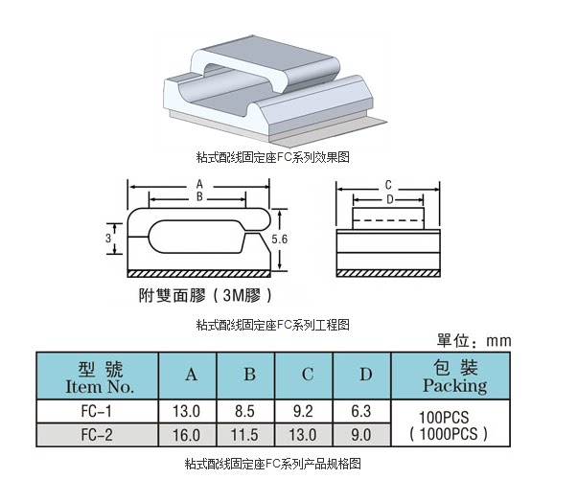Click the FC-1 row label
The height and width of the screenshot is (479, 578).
(98, 412)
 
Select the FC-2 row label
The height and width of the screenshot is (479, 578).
(98, 435)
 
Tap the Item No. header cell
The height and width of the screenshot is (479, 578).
(98, 377)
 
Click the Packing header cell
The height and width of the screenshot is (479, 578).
(454, 377)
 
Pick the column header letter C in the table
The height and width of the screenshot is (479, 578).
(308, 375)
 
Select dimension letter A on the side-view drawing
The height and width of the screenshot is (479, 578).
(199, 183)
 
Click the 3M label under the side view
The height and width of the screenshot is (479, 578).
(235, 296)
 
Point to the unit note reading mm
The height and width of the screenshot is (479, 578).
(498, 340)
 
